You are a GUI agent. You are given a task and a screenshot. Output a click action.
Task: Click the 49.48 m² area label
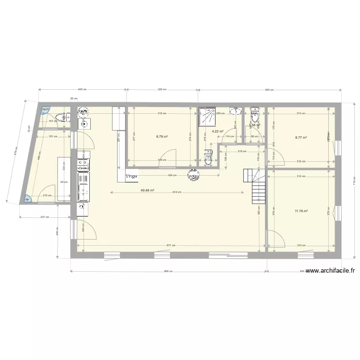point(147,190)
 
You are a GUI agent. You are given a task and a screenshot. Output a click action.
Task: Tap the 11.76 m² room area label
point(301,211)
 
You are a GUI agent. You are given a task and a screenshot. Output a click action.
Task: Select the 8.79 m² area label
point(162,136)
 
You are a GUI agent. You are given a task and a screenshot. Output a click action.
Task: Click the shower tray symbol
point(208,115)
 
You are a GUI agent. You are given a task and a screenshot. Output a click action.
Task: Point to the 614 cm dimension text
point(175,192)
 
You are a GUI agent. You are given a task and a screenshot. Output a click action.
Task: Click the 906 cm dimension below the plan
point(168,271)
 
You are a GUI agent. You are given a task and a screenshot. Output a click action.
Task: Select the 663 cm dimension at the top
point(269,90)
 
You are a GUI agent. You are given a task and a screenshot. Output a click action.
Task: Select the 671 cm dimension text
point(170,246)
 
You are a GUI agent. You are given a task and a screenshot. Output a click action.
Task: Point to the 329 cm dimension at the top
point(163,90)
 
